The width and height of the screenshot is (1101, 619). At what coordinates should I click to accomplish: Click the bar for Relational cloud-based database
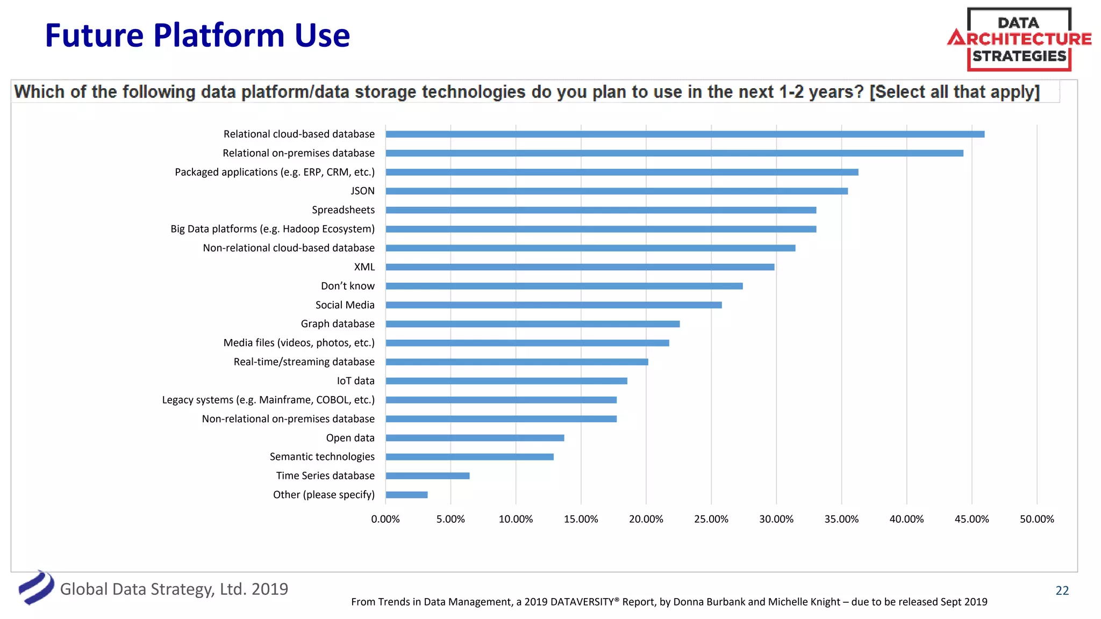tap(684, 134)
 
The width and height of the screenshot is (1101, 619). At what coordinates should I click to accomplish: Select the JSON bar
tap(616, 191)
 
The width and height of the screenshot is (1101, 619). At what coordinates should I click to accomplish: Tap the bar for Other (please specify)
tap(406, 495)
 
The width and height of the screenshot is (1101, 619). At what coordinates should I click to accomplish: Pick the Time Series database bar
tap(427, 476)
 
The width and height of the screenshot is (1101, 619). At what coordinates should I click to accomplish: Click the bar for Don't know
tap(564, 286)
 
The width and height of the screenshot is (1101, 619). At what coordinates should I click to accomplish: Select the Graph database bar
tap(532, 324)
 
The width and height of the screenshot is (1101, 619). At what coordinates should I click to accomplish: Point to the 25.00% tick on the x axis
tap(711, 519)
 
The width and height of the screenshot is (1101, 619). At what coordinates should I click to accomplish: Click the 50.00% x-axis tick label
tap(1036, 519)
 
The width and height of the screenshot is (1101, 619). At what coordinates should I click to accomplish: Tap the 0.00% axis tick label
tap(385, 519)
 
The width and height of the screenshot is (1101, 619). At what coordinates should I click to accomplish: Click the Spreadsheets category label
tap(343, 210)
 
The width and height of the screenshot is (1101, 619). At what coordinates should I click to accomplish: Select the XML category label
tap(364, 267)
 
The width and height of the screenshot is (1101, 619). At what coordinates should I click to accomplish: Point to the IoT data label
tap(355, 381)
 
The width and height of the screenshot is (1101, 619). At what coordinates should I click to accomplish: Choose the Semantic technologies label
tap(322, 457)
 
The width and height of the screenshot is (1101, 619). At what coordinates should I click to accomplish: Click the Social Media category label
tap(345, 305)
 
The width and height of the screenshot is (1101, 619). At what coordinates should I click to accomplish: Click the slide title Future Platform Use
tap(197, 35)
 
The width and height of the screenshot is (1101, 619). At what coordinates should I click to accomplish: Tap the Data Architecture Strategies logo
tap(1019, 39)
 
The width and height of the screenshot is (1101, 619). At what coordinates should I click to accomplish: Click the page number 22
tap(1062, 591)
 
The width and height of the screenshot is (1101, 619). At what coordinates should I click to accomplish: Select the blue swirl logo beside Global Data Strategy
tap(36, 587)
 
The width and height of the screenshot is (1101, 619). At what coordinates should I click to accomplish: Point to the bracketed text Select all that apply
tap(954, 92)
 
